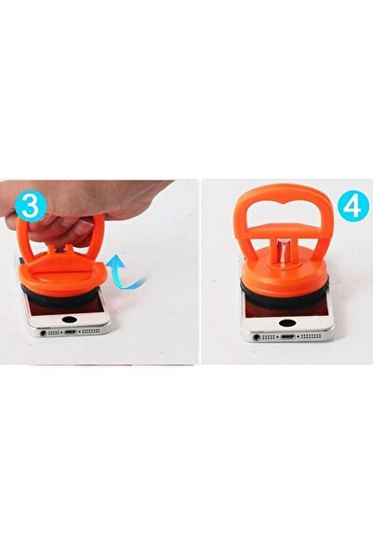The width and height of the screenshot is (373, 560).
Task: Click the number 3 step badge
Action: [x=32, y=206]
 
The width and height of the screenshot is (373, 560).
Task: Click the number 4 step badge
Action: [x=353, y=206]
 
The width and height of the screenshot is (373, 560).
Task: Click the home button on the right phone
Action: [x=287, y=322]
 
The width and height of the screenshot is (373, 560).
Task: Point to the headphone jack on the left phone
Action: [x=44, y=333]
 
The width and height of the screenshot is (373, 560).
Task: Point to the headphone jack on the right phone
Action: [x=257, y=337]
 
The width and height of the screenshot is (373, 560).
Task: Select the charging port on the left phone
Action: [x=70, y=332]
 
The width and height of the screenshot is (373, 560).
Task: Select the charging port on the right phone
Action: [x=287, y=336]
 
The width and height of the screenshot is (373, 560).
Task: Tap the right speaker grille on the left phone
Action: [x=90, y=332]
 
